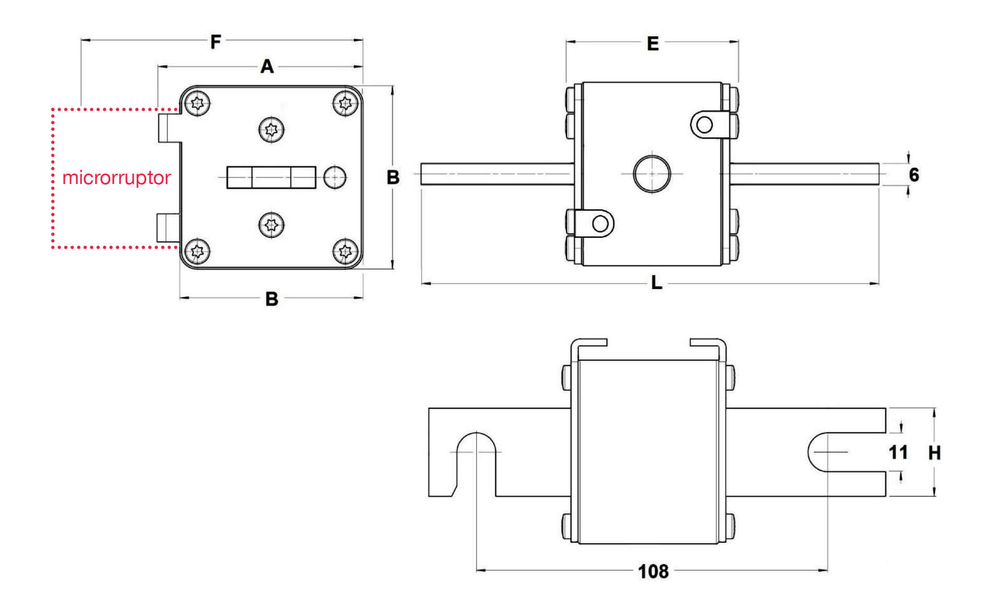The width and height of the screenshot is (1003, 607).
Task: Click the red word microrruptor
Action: click(x=116, y=178)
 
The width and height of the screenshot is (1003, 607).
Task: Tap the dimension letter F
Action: click(x=216, y=41)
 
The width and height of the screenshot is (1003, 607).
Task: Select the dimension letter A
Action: click(x=267, y=67)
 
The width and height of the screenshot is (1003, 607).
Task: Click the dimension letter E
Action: click(x=652, y=43)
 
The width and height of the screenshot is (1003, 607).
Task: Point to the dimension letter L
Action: click(x=656, y=283)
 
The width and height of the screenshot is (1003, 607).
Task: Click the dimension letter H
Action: click(x=934, y=453)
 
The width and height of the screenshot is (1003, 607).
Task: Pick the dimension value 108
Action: click(x=653, y=571)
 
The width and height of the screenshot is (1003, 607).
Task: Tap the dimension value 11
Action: click(x=898, y=452)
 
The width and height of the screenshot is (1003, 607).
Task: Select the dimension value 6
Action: click(x=914, y=175)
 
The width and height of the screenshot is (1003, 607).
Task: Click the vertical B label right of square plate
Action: click(x=393, y=178)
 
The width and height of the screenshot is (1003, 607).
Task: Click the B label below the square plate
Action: click(x=272, y=299)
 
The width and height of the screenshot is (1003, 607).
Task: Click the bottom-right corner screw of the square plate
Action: click(x=345, y=251)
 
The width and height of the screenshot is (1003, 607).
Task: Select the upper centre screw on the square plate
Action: click(x=272, y=129)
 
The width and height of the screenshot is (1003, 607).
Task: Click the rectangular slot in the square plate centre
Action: click(x=271, y=178)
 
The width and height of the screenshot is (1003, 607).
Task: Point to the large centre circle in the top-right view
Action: click(x=651, y=173)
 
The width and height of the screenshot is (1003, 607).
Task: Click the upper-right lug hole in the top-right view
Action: click(x=705, y=125)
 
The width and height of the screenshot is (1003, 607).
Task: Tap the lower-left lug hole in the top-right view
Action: click(x=600, y=224)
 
